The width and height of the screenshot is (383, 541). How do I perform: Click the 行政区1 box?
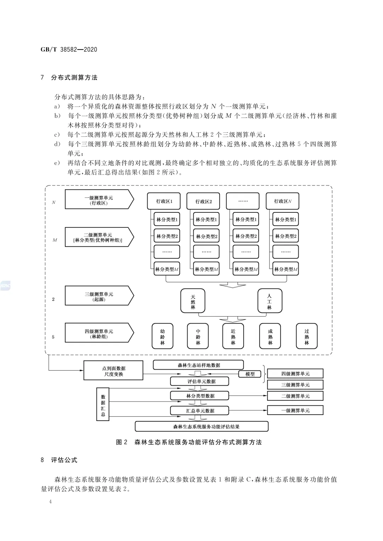pyautogui.click(x=164, y=201)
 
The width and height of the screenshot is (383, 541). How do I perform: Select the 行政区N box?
pyautogui.click(x=282, y=201)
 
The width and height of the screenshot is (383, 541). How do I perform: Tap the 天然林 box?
pyautogui.click(x=193, y=301)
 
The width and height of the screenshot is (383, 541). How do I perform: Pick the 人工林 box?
pyautogui.click(x=270, y=301)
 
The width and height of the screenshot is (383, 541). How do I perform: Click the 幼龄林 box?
pyautogui.click(x=162, y=336)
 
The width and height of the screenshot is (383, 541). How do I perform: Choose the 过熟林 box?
pyautogui.click(x=306, y=336)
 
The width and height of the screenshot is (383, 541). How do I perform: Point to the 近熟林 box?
pyautogui.click(x=233, y=336)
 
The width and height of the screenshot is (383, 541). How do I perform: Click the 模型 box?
pyautogui.click(x=250, y=374)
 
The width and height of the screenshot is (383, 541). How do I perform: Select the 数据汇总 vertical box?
pyautogui.click(x=103, y=404)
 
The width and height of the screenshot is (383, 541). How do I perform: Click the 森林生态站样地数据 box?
pyautogui.click(x=198, y=365)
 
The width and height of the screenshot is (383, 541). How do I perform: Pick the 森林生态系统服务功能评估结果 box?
pyautogui.click(x=201, y=426)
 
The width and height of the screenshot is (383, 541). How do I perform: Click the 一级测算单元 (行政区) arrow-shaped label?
pyautogui.click(x=99, y=199)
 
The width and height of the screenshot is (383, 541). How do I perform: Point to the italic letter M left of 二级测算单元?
pyautogui.click(x=55, y=240)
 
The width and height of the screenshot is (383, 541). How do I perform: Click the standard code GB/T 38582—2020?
pyautogui.click(x=69, y=50)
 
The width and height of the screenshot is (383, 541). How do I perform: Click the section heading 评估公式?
pyautogui.click(x=64, y=460)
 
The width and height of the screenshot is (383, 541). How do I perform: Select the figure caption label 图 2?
pyautogui.click(x=121, y=442)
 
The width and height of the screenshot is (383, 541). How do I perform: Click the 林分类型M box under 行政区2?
pyautogui.click(x=206, y=269)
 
